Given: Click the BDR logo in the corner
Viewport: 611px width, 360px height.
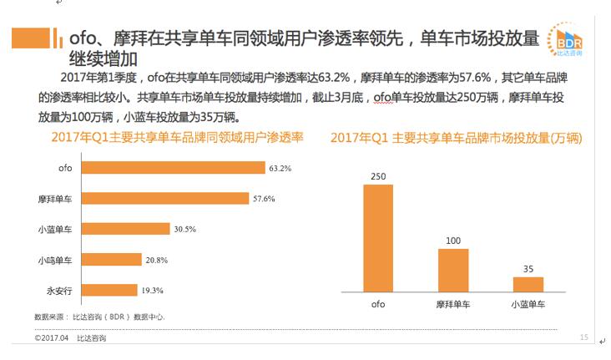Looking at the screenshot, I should click(x=568, y=41).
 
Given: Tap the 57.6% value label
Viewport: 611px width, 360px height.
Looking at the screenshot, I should click(x=264, y=199).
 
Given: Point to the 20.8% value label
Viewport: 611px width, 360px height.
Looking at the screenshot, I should click(x=157, y=260).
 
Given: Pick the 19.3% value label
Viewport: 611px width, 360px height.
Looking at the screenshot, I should click(x=152, y=290).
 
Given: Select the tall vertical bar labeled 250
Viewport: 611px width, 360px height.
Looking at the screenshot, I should click(x=378, y=238).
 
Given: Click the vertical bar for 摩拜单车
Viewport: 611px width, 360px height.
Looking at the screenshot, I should click(x=453, y=270).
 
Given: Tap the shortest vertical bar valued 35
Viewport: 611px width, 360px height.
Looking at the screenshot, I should click(x=528, y=284).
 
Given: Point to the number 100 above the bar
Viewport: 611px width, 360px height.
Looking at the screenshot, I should click(x=453, y=241).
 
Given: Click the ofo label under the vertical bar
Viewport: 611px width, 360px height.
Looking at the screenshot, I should click(x=378, y=305).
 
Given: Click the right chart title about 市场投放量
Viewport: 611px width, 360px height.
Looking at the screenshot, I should click(x=456, y=138).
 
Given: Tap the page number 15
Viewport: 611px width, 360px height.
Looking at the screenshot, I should click(x=583, y=337).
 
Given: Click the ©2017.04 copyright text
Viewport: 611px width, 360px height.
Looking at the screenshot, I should click(x=51, y=338).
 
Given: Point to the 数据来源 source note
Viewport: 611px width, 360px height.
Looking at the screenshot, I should click(x=99, y=317).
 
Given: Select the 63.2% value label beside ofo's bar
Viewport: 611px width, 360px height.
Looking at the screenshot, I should click(x=280, y=168).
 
